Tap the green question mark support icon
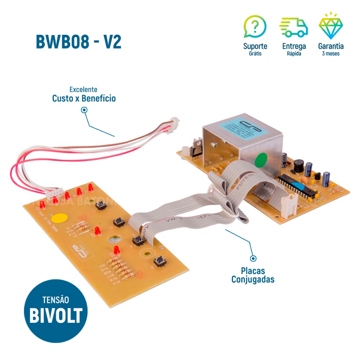point(255,27)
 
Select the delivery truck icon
point(294,28)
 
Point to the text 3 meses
point(330,54)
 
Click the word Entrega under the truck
point(294,46)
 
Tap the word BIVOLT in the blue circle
point(56,316)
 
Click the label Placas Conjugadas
point(253,275)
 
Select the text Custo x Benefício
point(84,98)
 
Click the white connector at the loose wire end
point(174,123)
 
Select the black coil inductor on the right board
point(298,165)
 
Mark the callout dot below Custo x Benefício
point(84,110)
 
